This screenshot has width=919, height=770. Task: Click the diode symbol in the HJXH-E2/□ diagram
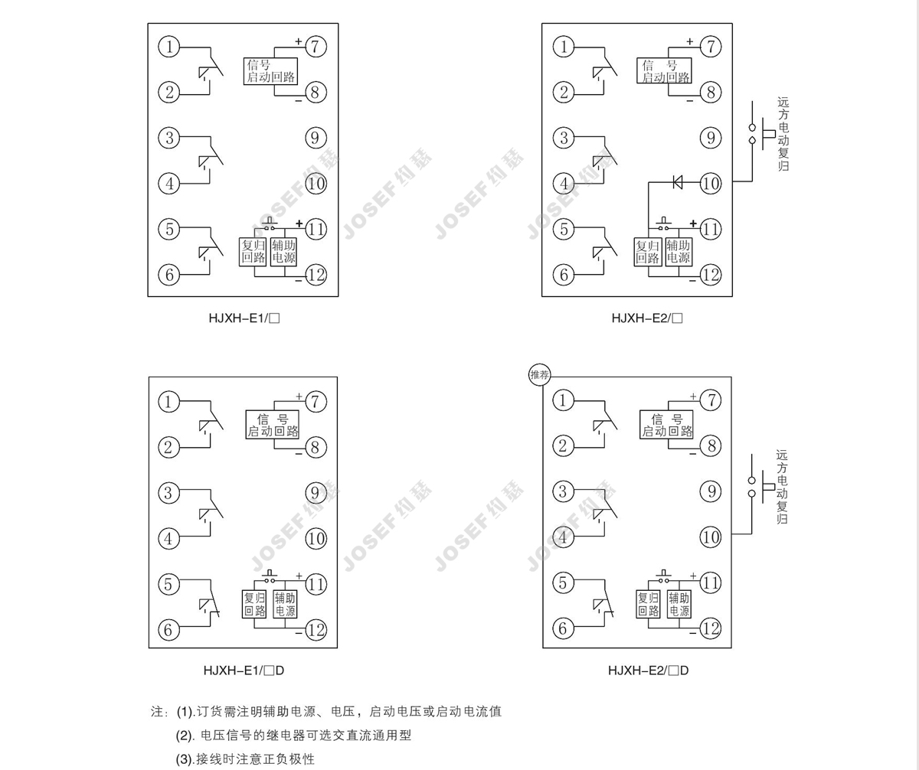(x=677, y=182)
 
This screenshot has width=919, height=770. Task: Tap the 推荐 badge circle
(x=539, y=375)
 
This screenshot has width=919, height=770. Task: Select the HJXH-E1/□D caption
(x=244, y=670)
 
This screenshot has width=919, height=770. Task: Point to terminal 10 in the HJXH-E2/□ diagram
(x=711, y=183)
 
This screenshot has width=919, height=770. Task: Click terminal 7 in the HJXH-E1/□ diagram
(x=316, y=46)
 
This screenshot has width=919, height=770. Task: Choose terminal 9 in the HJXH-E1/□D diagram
(x=316, y=491)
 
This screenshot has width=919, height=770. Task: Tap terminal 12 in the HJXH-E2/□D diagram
(x=711, y=628)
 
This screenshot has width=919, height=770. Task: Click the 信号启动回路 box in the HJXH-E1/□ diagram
(x=271, y=70)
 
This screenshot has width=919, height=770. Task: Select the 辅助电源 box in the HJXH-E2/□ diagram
(x=678, y=252)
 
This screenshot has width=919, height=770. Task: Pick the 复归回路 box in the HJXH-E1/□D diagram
(x=254, y=604)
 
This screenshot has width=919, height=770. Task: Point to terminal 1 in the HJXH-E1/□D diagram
(x=169, y=400)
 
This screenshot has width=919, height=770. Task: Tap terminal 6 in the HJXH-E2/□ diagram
(x=564, y=274)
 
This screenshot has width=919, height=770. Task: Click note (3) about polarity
(x=245, y=759)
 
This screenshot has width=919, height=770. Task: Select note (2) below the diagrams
(x=295, y=736)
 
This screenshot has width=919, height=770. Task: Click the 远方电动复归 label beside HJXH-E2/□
(x=782, y=134)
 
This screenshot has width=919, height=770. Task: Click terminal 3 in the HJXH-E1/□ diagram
(x=169, y=138)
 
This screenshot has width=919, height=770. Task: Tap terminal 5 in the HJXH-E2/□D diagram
(x=564, y=582)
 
